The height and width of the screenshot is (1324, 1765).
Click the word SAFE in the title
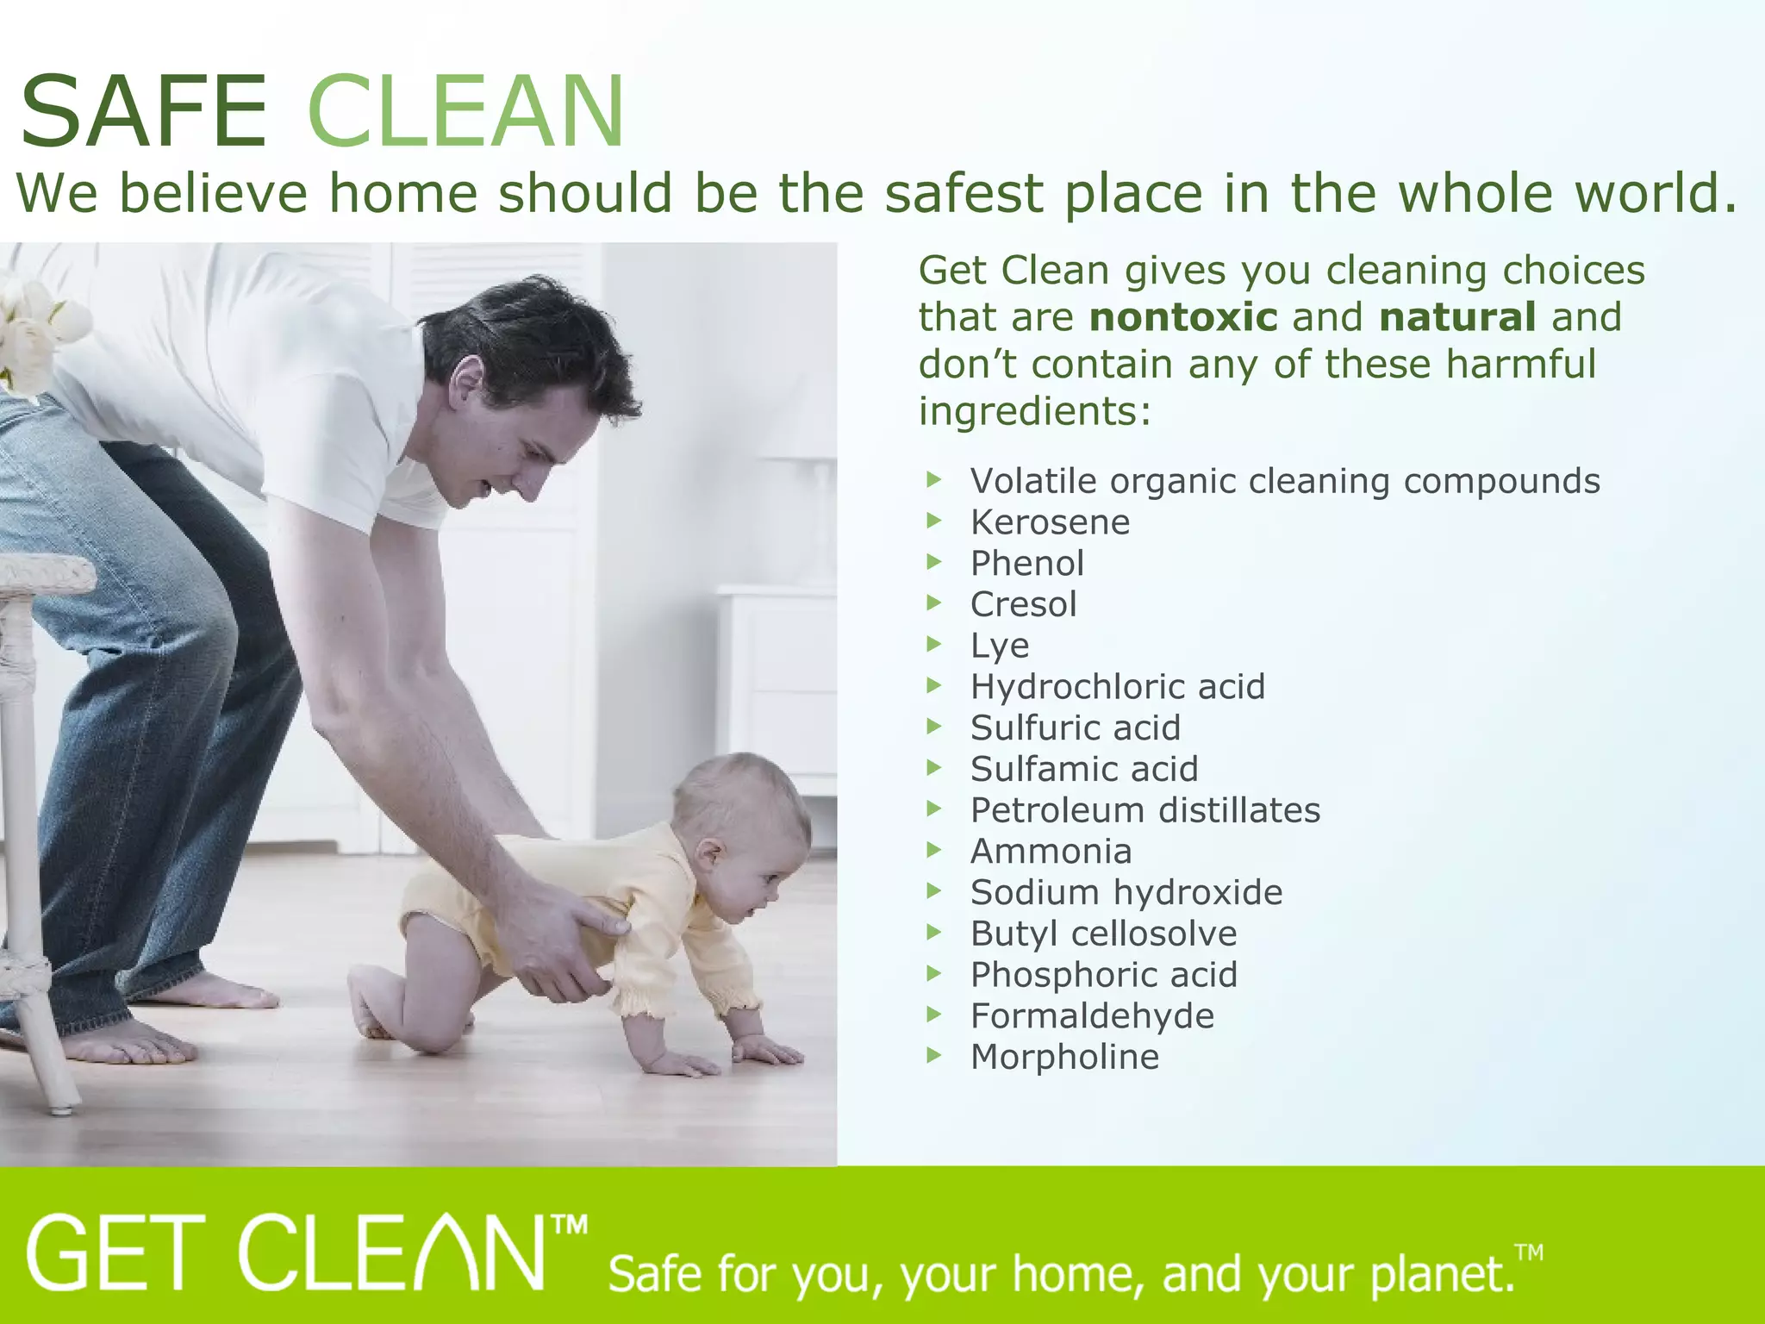pyautogui.click(x=144, y=112)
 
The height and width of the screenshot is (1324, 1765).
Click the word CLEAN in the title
pyautogui.click(x=465, y=112)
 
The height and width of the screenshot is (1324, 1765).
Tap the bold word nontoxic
pyautogui.click(x=1183, y=317)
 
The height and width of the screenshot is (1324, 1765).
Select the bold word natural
pyautogui.click(x=1457, y=317)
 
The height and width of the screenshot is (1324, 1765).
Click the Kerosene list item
pyautogui.click(x=1050, y=522)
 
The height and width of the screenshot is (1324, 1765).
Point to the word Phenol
pyautogui.click(x=1027, y=564)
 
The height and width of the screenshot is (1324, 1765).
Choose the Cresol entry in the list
pyautogui.click(x=1024, y=604)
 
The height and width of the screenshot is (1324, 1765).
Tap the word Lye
pyautogui.click(x=1000, y=646)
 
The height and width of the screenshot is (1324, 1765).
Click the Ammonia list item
pyautogui.click(x=1051, y=852)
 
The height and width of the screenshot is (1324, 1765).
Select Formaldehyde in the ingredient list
pyautogui.click(x=1092, y=1016)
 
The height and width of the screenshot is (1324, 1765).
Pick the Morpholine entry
pyautogui.click(x=1064, y=1058)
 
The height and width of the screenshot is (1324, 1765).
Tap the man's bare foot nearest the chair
pyautogui.click(x=129, y=1045)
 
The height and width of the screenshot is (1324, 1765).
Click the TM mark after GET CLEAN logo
pyautogui.click(x=569, y=1225)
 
